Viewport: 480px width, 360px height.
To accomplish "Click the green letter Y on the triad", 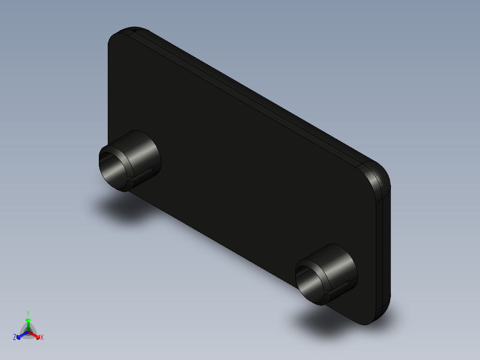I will coord(28,313).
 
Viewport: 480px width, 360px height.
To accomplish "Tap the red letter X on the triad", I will coord(42,338).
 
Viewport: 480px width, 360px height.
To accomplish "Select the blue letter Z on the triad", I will coord(15,338).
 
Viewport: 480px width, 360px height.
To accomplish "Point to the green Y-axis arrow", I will coord(28,323).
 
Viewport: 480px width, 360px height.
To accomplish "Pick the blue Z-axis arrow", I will coord(20,335).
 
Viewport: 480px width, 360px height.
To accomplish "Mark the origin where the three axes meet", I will coord(28,331).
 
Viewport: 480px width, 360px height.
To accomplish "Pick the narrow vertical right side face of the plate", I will coord(386,250).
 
